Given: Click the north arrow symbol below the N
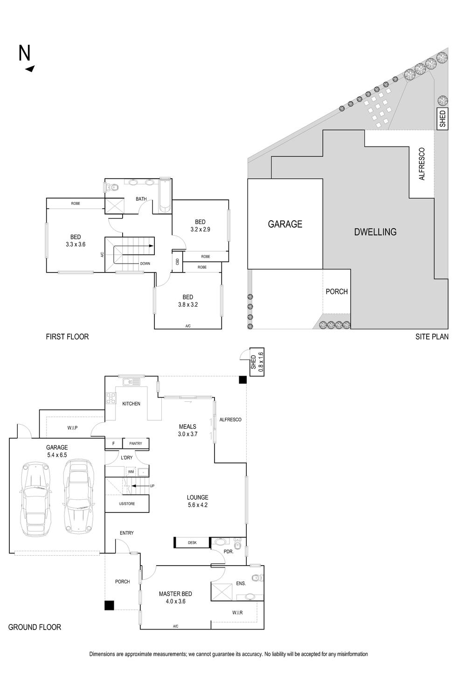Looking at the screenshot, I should coord(30,69).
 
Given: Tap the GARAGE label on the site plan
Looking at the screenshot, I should coord(285,224).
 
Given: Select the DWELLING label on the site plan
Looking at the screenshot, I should coord(375,232).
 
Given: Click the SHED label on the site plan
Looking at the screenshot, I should coord(443,119).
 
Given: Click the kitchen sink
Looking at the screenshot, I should coord(131,382).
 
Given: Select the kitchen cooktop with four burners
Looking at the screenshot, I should coord(111,398).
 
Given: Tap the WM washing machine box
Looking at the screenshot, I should coord(131,472).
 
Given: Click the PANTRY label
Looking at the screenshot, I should coord(136,443).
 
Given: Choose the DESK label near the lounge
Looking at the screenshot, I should coord(192,543).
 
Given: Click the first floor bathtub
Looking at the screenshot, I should coord(165,195).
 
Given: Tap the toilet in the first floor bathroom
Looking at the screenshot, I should coord(111,188).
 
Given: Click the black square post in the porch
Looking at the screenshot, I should coord(109,605).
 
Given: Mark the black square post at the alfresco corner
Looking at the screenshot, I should coord(242,380).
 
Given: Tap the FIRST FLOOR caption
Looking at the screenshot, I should coord(67,336).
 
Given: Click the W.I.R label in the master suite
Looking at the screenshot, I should coord(237,612).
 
